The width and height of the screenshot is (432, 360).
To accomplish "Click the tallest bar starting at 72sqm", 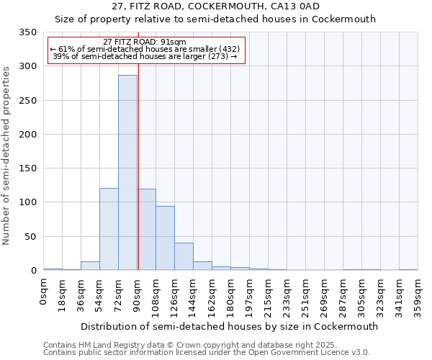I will tap(127, 173).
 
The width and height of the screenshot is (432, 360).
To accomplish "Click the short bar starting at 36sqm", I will tap(90, 266).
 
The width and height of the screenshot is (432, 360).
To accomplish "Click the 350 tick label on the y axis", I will tap(27, 32).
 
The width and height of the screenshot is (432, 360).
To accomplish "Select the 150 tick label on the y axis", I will tap(27, 168).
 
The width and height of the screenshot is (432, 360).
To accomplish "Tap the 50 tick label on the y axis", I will tap(30, 236).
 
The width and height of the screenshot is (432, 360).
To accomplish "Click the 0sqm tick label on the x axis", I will tap(44, 292).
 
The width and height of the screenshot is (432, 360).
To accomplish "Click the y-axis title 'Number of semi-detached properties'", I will tap(7, 155).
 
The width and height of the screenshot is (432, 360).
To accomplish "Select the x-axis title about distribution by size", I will tap(229, 326).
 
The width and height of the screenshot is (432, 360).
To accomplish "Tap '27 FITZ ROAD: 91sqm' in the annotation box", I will tap(145, 42).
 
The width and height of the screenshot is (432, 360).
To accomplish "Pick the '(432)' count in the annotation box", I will tap(225, 49).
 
